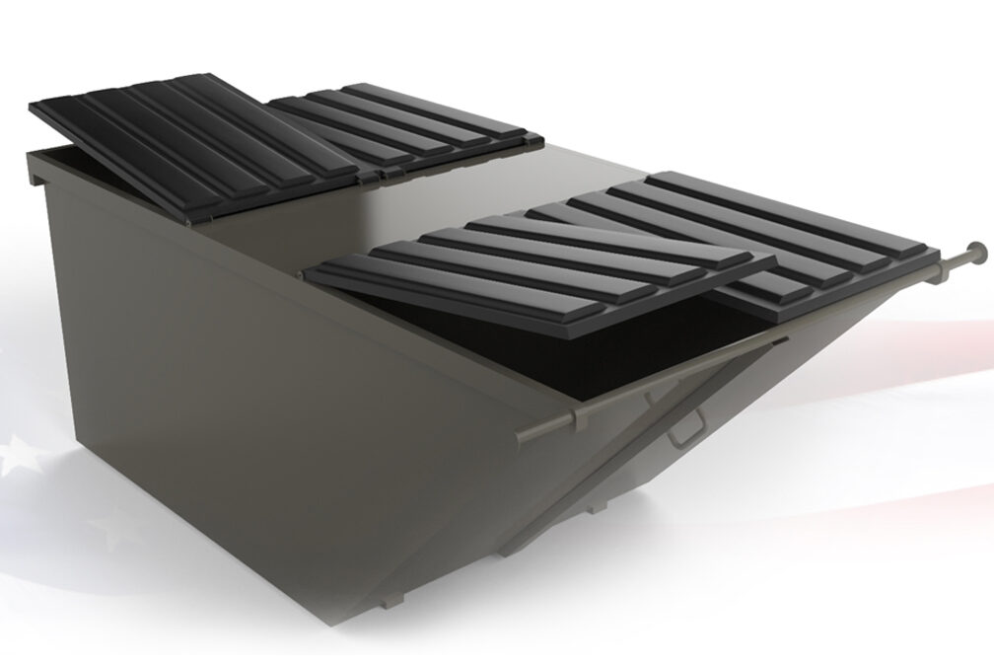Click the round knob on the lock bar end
(x=976, y=250)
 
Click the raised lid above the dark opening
(x=542, y=266)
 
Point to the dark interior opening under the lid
(x=552, y=345)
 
